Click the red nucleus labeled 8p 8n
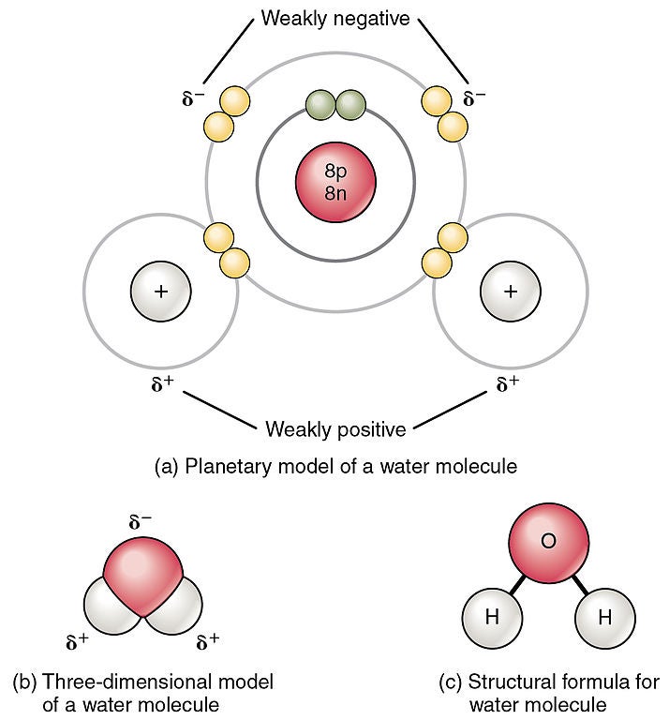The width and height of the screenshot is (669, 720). (335, 181)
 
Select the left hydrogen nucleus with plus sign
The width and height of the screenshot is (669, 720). (160, 292)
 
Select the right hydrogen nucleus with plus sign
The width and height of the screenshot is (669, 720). (510, 292)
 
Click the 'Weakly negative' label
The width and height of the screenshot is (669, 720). (335, 18)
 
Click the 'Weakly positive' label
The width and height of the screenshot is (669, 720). (335, 429)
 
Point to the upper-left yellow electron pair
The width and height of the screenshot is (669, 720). (226, 112)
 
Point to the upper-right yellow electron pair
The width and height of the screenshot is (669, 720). (445, 112)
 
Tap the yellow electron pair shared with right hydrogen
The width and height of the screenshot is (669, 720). (444, 249)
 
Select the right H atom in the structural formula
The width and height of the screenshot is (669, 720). (604, 618)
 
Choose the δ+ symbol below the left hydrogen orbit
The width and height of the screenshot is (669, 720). (162, 384)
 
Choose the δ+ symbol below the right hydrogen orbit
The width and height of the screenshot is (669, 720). (507, 384)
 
